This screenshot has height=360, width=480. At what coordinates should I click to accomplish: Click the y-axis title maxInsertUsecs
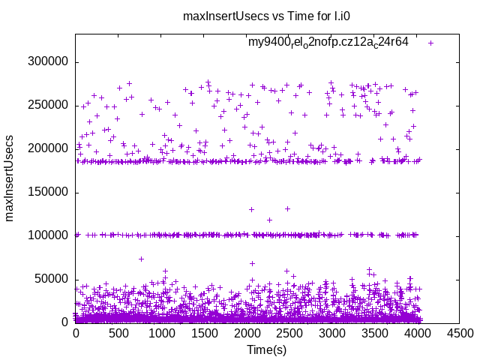tap(10, 178)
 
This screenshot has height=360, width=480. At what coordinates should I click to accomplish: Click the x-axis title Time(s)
tap(268, 350)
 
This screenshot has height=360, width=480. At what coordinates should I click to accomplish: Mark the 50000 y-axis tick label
tap(52, 279)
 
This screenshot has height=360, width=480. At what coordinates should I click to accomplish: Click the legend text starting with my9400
tap(328, 43)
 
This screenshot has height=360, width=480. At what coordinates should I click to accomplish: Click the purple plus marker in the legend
tap(430, 43)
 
